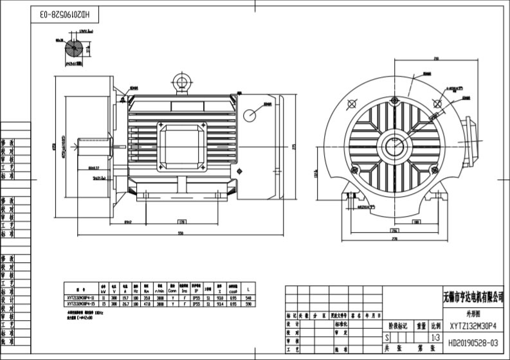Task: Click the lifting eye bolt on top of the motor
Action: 181,82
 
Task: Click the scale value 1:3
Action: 435,337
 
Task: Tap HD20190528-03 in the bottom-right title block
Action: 472,344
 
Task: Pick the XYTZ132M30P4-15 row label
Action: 81,304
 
